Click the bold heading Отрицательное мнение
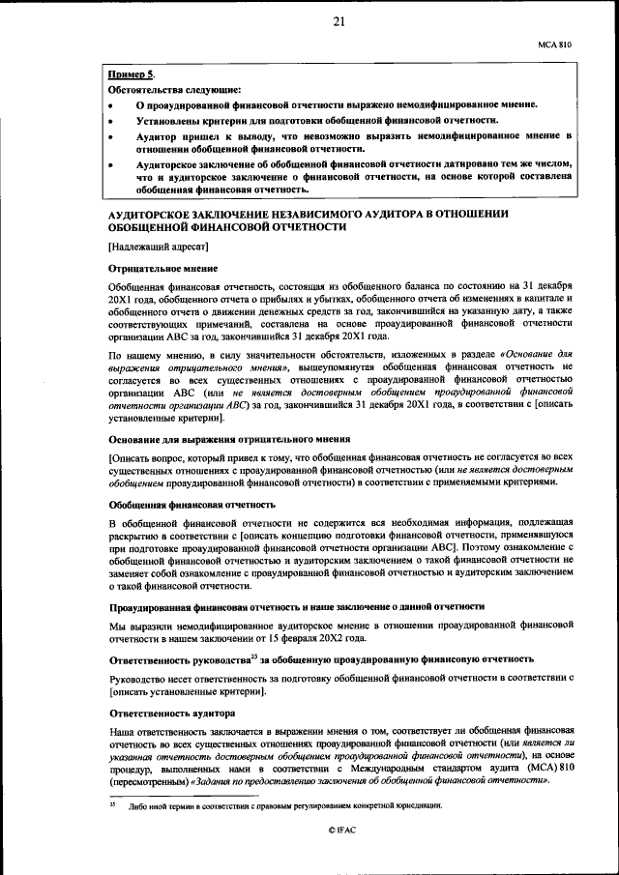point(162,267)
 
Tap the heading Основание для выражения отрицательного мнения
point(228,439)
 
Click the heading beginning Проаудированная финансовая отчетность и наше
point(295,606)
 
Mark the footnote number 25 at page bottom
point(111,804)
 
